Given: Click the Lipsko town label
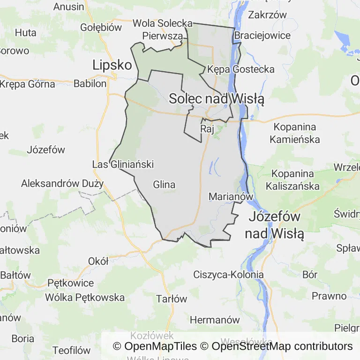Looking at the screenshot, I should (x=112, y=65).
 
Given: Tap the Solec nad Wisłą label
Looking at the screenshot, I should (x=217, y=99).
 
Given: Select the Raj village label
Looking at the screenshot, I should (x=207, y=128).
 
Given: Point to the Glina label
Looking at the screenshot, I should (x=164, y=185).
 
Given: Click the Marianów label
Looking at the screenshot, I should (x=231, y=197).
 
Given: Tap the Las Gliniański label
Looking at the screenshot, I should (x=123, y=165).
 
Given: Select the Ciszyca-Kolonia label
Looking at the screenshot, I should (x=228, y=275).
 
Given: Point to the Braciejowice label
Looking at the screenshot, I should (x=262, y=36).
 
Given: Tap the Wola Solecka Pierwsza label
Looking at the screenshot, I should (x=163, y=29).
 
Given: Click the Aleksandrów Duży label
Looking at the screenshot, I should (x=62, y=183).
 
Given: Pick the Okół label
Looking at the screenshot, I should (x=98, y=261).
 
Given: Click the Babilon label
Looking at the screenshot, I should (x=90, y=84).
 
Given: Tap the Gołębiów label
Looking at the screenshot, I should (x=101, y=27).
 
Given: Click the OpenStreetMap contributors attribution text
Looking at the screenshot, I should (x=282, y=346).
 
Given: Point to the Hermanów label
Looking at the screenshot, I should (x=215, y=320).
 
